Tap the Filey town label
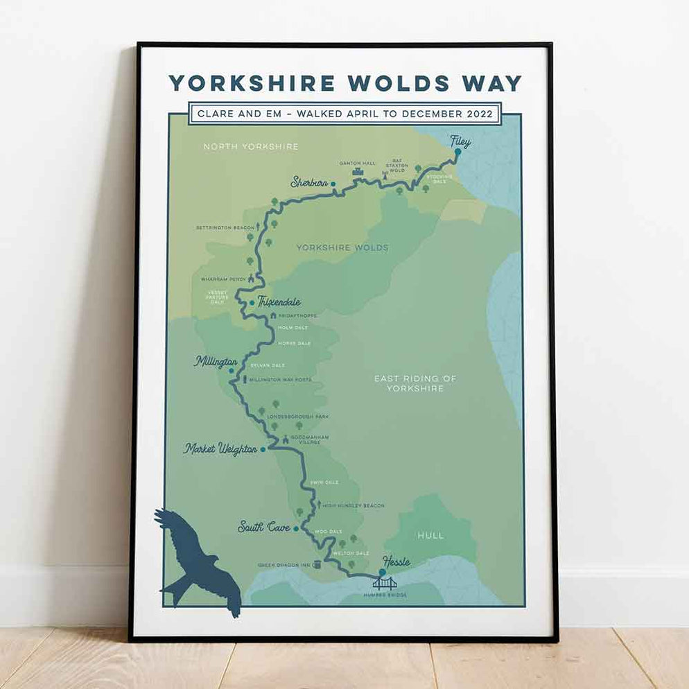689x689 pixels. (x=460, y=142)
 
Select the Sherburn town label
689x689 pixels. (x=308, y=183)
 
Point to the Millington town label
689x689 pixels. (x=216, y=362)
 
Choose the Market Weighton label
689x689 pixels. (x=220, y=449)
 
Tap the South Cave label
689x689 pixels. (x=263, y=527)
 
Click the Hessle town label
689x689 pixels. (x=396, y=562)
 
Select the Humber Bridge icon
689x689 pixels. (x=385, y=583)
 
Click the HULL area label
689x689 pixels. (x=430, y=535)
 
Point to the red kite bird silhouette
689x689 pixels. (x=198, y=561)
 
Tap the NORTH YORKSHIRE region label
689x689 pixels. (x=250, y=147)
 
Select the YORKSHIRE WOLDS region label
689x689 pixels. (x=342, y=247)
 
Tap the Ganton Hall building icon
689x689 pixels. (x=358, y=172)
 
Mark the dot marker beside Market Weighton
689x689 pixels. (x=263, y=449)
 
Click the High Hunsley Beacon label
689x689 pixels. (x=353, y=506)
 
